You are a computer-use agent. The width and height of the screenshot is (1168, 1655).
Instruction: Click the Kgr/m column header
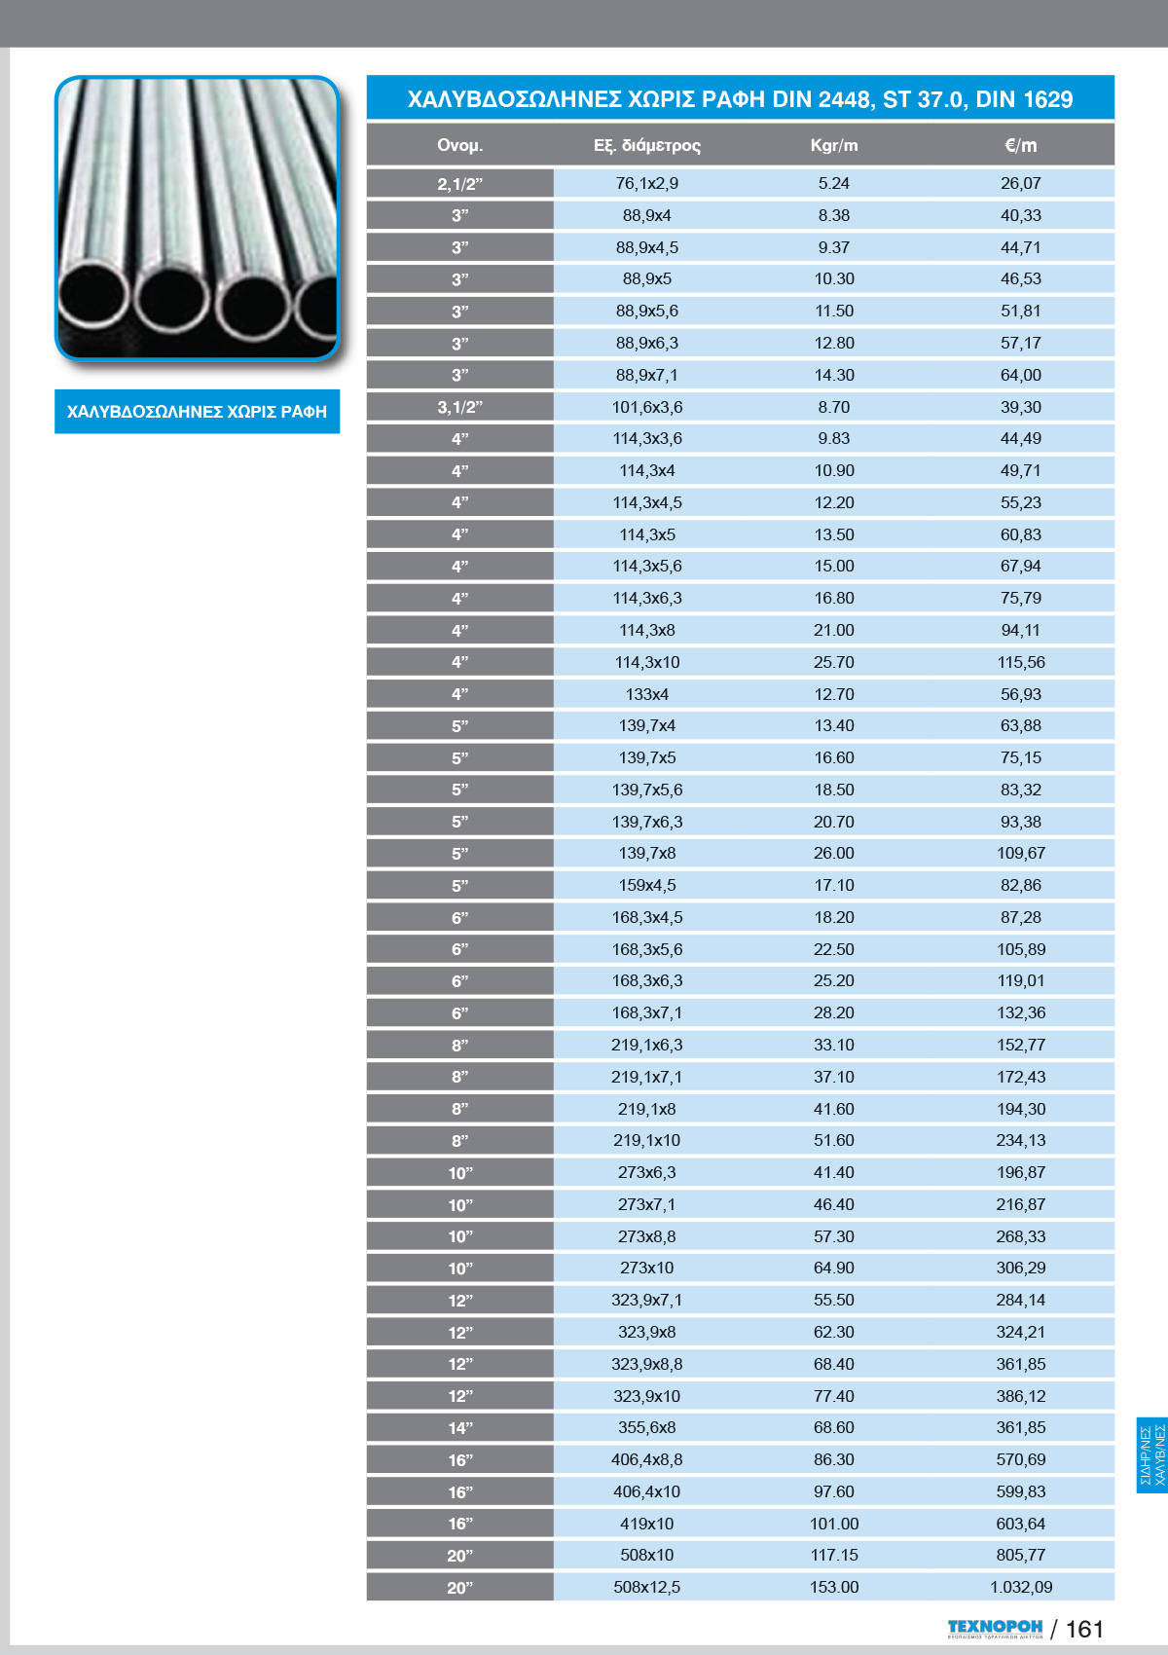click(834, 146)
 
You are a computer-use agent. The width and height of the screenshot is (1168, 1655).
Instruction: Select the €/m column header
click(1020, 146)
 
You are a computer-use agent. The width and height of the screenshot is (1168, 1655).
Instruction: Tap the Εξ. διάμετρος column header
click(646, 146)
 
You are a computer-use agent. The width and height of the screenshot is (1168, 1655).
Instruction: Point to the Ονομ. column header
click(459, 146)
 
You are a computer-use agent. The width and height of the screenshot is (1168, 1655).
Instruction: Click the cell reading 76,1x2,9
click(646, 183)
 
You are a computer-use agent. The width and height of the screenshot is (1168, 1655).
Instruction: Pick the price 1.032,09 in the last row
click(1020, 1587)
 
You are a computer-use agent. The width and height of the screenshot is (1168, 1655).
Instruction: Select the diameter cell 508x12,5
click(646, 1587)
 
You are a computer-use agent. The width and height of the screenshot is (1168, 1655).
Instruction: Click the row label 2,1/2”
click(459, 184)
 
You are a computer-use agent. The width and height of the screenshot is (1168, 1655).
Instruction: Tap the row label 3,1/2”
click(459, 407)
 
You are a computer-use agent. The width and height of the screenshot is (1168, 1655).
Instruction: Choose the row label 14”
click(459, 1428)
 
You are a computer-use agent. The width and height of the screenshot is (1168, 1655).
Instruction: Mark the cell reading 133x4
click(646, 694)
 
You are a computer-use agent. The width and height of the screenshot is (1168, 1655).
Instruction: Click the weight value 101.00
click(834, 1524)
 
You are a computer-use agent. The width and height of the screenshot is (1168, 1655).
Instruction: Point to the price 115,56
click(1020, 662)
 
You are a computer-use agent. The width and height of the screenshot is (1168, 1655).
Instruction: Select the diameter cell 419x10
click(646, 1524)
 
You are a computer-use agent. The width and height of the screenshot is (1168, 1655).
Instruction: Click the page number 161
click(1084, 1630)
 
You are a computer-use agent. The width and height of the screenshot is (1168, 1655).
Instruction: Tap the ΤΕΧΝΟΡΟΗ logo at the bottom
click(995, 1629)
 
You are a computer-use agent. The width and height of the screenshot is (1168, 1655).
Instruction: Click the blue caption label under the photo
click(197, 412)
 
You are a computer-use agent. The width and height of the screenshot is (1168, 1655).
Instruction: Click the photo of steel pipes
click(197, 218)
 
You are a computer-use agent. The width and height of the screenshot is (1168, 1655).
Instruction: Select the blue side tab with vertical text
click(1151, 1455)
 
